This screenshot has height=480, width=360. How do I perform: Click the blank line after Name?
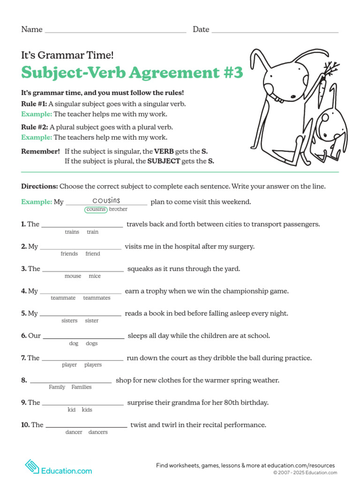[115, 31]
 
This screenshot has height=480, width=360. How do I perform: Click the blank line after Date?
[275, 31]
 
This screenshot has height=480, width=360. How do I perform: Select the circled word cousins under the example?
[96, 210]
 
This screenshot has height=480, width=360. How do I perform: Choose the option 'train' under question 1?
[92, 232]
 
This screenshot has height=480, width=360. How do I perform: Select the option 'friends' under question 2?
[69, 254]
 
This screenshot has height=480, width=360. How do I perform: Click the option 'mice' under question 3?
[95, 276]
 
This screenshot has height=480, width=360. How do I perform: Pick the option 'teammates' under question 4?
[97, 298]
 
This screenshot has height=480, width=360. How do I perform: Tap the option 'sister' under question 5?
[92, 321]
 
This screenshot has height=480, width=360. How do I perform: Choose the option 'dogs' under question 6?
[92, 344]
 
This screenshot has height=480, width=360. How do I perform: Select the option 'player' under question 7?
[69, 365]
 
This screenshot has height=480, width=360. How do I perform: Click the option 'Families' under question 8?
[82, 387]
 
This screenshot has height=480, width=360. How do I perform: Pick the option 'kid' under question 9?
[72, 410]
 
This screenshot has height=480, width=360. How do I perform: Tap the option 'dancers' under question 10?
[98, 432]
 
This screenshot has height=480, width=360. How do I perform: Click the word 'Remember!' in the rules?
[41, 151]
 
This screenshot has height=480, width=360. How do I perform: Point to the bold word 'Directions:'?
[39, 186]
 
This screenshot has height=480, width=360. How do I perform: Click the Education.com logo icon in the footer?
[32, 466]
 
